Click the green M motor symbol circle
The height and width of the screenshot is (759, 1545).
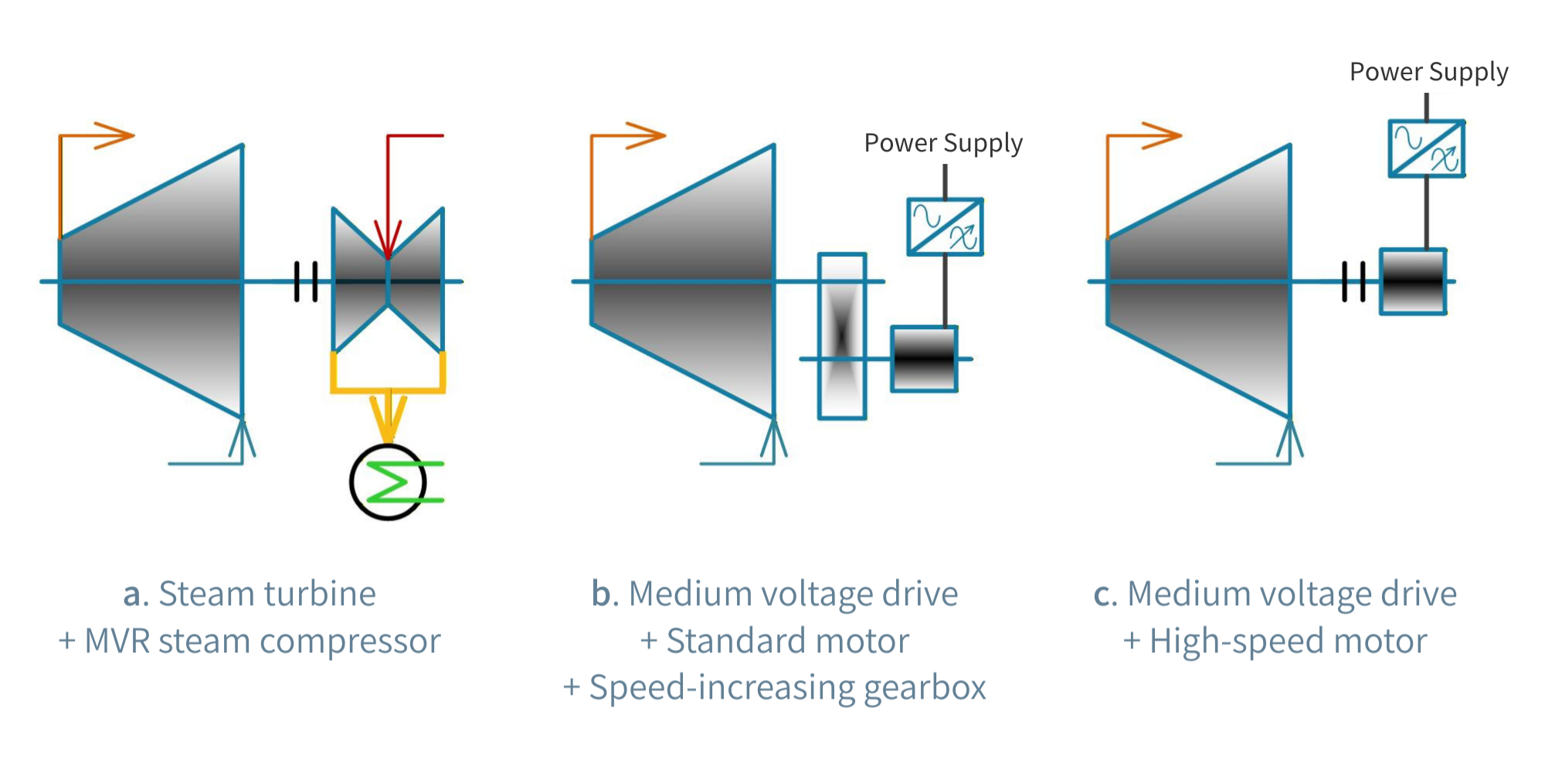pyautogui.click(x=388, y=482)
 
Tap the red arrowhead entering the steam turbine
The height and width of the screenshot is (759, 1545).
pyautogui.click(x=388, y=240)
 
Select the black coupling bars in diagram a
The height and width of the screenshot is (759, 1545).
pyautogui.click(x=306, y=281)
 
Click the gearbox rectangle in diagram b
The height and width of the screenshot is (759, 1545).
pyautogui.click(x=842, y=336)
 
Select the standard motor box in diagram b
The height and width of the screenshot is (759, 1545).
pyautogui.click(x=924, y=359)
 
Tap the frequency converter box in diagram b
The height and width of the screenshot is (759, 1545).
pyautogui.click(x=945, y=226)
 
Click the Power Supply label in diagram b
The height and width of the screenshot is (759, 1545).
pyautogui.click(x=942, y=143)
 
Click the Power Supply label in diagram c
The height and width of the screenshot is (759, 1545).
pyautogui.click(x=1428, y=72)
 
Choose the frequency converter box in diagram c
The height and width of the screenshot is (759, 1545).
pyautogui.click(x=1427, y=148)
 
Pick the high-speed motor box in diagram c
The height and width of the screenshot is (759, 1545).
pyautogui.click(x=1413, y=281)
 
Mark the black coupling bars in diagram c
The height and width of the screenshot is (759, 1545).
pyautogui.click(x=1353, y=281)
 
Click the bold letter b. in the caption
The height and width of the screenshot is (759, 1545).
pyautogui.click(x=604, y=594)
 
